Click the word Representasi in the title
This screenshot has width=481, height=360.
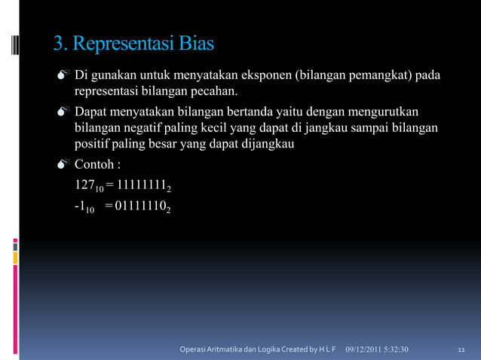point(124,44)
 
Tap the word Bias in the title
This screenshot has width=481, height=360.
point(196,44)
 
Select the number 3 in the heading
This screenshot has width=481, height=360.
point(57,44)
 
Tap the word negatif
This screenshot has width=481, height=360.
point(148,129)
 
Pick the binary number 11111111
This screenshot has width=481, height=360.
point(141,185)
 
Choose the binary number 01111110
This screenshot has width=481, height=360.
point(141,206)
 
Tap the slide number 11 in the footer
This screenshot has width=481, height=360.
point(462,349)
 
